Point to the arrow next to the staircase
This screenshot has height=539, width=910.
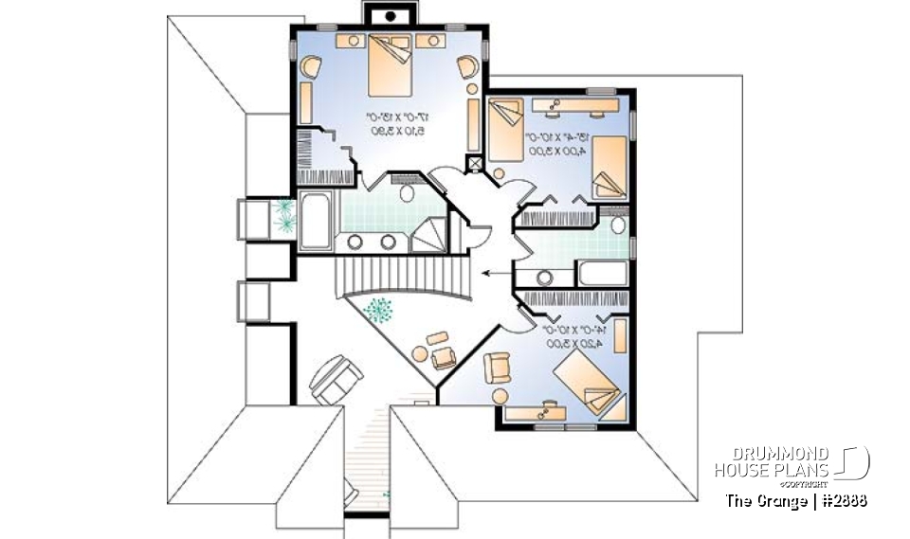tap(494, 273)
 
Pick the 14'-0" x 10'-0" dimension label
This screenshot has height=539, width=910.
tap(571, 338)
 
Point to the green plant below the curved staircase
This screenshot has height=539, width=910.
tap(379, 310)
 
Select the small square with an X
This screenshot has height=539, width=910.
tap(475, 163)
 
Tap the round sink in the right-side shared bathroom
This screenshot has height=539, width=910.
tap(544, 278)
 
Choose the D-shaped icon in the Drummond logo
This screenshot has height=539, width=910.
tap(854, 462)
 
